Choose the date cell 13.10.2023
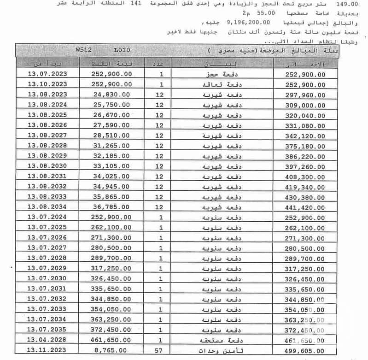click(47, 84)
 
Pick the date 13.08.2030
click(47, 165)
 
